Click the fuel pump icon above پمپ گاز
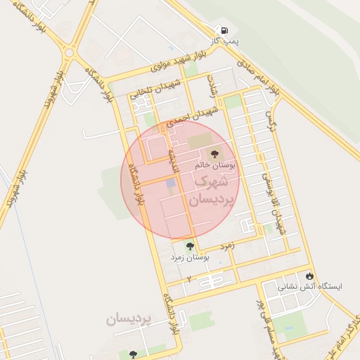pos(224,31)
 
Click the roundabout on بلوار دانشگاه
pos(69,52)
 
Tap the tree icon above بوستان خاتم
pos(214,153)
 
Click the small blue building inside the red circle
pos(171,184)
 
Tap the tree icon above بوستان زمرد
pos(189,246)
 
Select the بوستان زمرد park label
pos(190,258)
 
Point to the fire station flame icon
pos(309,275)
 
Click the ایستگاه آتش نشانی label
pos(310,287)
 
